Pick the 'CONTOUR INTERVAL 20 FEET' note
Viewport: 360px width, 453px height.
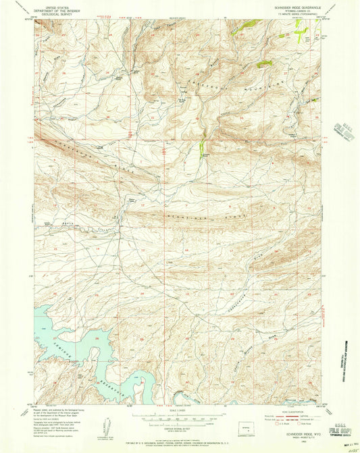(x=180, y=425)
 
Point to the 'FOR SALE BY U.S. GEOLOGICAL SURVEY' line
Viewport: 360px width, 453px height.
(x=180, y=442)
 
